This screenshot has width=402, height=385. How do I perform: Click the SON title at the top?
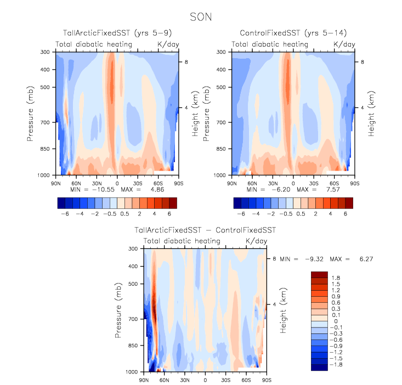201,16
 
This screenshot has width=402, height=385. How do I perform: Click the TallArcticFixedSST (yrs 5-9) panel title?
117,33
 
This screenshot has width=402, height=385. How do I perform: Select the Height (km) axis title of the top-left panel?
195,114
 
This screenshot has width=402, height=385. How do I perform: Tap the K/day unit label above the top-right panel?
344,44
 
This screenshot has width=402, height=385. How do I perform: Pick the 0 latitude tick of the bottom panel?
205,380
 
